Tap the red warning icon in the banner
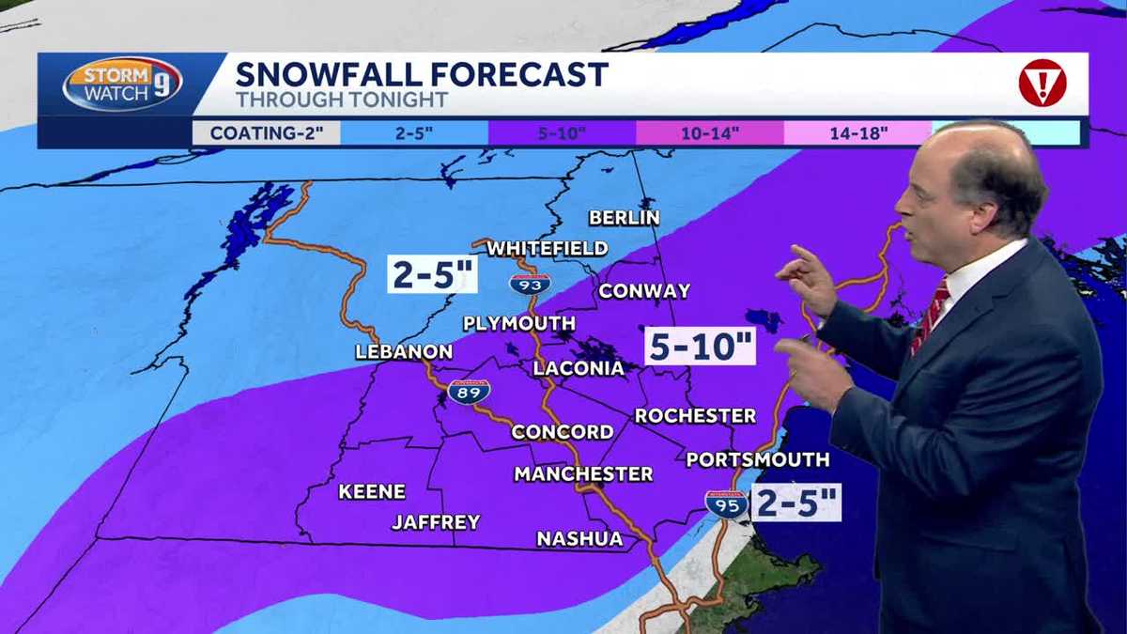click(1042, 83)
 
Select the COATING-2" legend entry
click(267, 132)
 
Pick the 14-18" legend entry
click(857, 132)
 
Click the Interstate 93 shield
click(530, 283)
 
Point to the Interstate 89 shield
click(469, 391)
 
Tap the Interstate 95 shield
click(726, 503)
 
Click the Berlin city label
click(625, 218)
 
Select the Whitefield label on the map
click(547, 248)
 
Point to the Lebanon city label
click(404, 352)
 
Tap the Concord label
click(563, 432)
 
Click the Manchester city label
click(583, 474)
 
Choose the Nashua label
click(579, 539)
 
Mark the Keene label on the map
click(372, 491)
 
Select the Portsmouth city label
click(758, 459)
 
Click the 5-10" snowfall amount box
click(700, 346)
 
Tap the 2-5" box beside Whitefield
click(433, 275)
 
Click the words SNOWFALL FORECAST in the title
click(422, 73)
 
